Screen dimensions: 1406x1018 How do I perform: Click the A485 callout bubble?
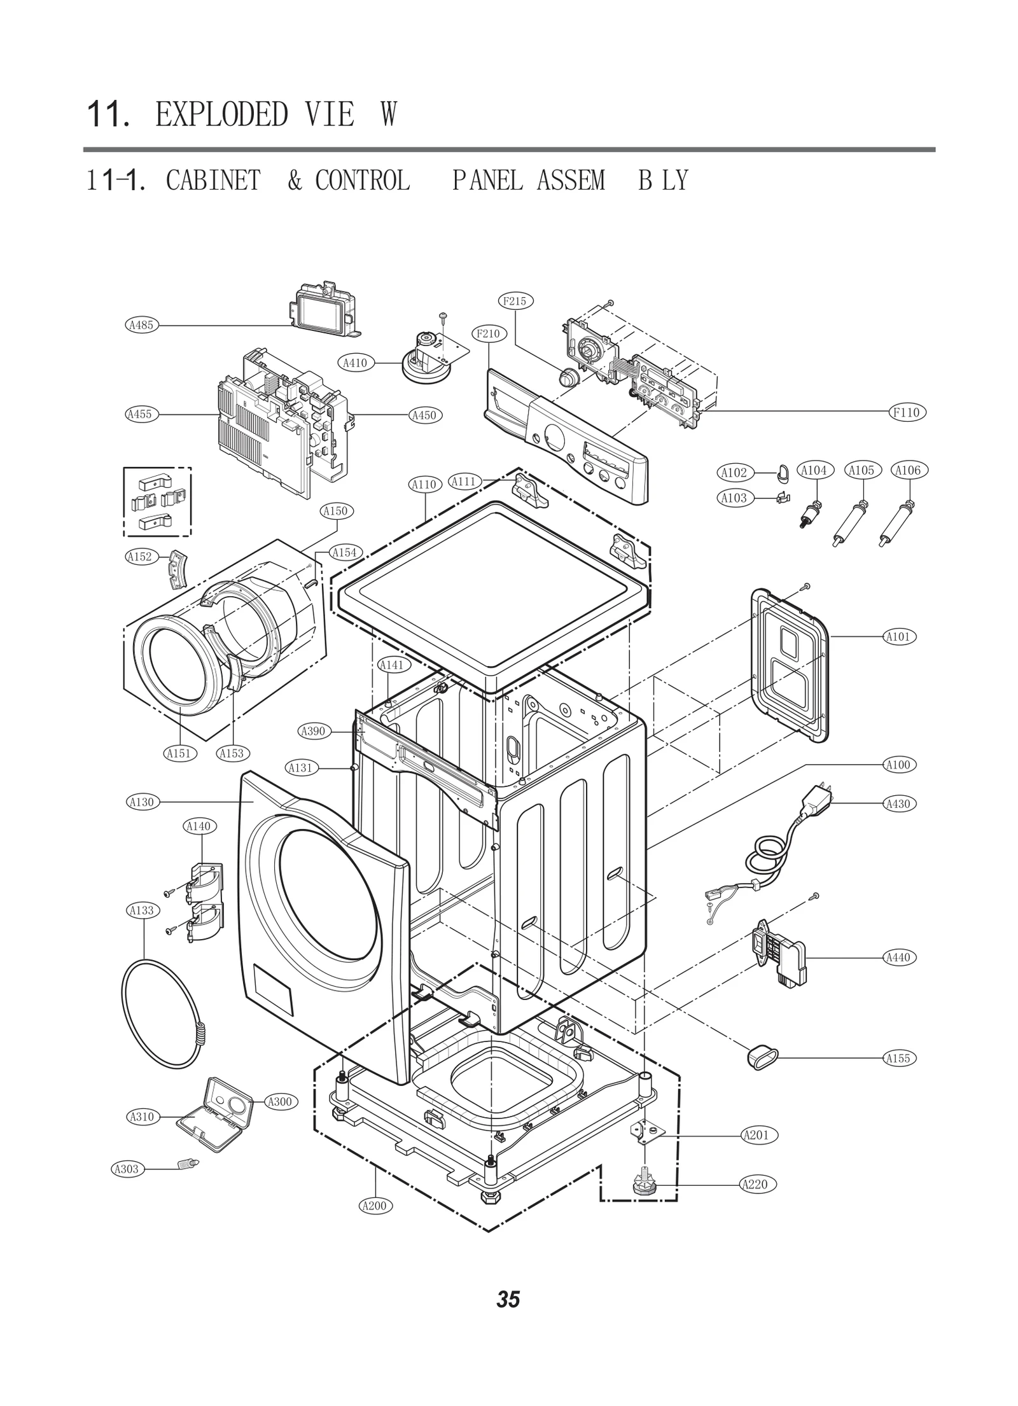[141, 325]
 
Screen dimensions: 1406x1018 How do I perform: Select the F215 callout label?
[514, 301]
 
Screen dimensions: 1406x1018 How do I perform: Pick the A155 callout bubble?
[898, 1058]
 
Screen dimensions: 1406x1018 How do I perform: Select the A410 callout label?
[355, 363]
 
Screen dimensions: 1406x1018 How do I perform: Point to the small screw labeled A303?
[188, 1164]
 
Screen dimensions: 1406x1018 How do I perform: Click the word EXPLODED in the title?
[222, 115]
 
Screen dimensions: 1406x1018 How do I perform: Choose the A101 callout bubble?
[898, 636]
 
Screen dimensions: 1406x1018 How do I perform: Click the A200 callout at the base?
[374, 1206]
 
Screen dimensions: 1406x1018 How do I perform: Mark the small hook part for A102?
[782, 471]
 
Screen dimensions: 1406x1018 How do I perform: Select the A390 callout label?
[312, 731]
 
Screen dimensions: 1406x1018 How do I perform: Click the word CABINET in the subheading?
[214, 181]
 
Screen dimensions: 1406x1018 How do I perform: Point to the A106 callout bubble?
[908, 470]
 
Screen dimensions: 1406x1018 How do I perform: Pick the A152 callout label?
[140, 557]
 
